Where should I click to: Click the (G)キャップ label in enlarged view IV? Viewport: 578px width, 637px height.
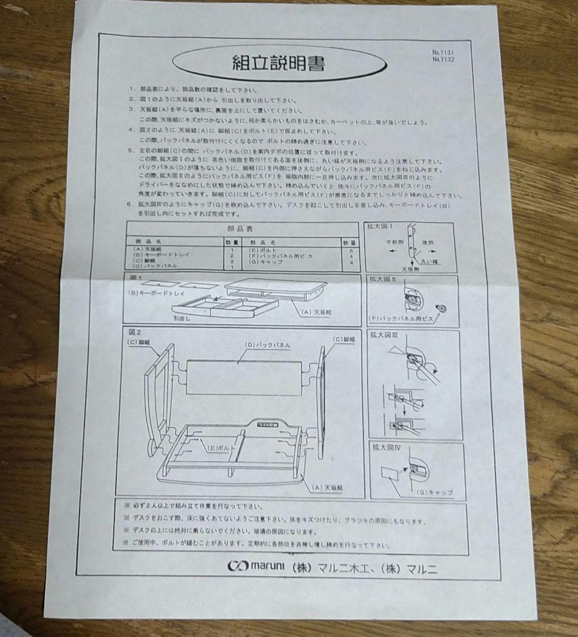point(435,492)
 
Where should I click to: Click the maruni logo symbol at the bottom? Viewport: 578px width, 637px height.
point(237,566)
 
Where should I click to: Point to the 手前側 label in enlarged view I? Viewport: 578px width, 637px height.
point(395,242)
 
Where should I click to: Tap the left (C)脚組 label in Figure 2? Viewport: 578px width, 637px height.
point(141,342)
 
